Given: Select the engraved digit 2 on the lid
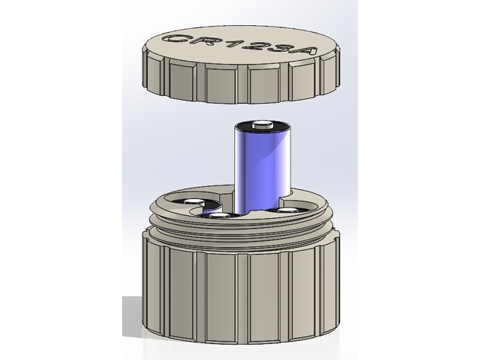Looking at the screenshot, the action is [255, 47].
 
